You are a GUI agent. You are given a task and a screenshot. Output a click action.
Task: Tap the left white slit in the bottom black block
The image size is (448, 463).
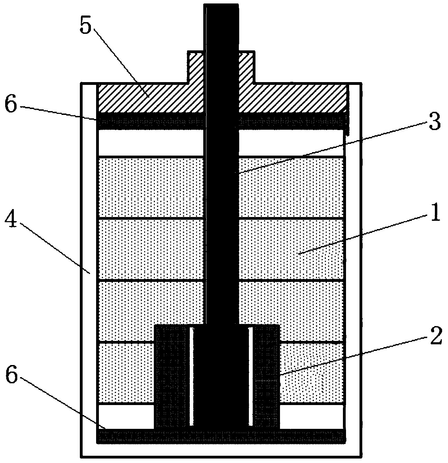pos(190,376)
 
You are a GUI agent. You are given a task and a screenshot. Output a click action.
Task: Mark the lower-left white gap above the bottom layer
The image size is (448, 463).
pos(125,416)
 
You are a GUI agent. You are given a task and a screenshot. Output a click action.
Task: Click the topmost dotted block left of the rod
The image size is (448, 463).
pos(150,188)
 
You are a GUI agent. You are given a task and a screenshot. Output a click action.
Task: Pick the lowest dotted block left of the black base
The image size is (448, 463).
pos(125,373)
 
